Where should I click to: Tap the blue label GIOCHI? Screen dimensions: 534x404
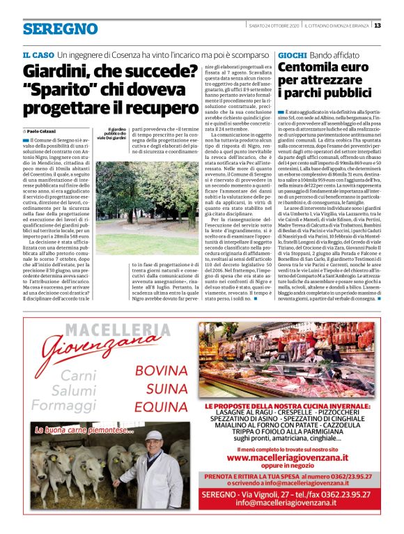pyautogui.click(x=292, y=54)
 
